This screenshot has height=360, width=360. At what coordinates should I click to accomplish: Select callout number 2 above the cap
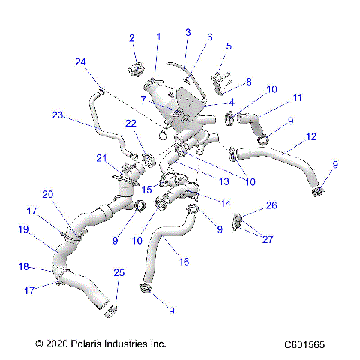pyautogui.click(x=132, y=38)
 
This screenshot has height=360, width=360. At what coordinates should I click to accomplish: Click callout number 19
pyautogui.click(x=22, y=230)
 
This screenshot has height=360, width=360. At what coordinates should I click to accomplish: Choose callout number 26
pyautogui.click(x=271, y=205)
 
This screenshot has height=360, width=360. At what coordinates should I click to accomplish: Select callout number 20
pyautogui.click(x=47, y=193)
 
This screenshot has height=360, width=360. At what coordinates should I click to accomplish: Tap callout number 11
pyautogui.click(x=277, y=97)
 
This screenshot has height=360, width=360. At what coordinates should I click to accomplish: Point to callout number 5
pyautogui.click(x=229, y=46)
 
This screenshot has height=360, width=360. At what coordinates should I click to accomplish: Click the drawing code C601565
pyautogui.click(x=304, y=344)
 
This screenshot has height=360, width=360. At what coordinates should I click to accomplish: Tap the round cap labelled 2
pyautogui.click(x=136, y=70)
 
